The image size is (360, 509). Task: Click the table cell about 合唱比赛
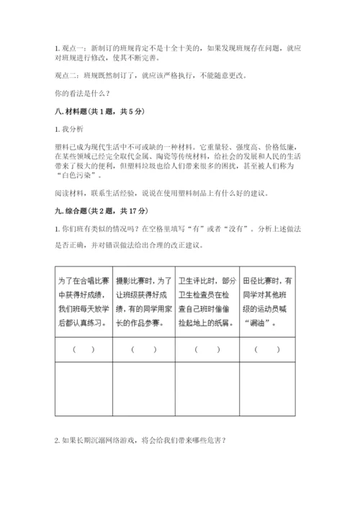84,302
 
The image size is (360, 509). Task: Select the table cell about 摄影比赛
144,302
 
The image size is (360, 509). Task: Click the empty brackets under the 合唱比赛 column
84,349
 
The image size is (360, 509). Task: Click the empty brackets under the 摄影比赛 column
144,349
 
